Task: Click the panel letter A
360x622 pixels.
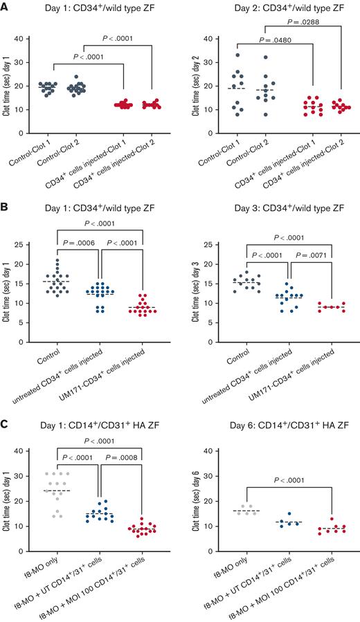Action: pyautogui.click(x=6, y=6)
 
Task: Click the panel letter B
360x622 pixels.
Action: pyautogui.click(x=6, y=206)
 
